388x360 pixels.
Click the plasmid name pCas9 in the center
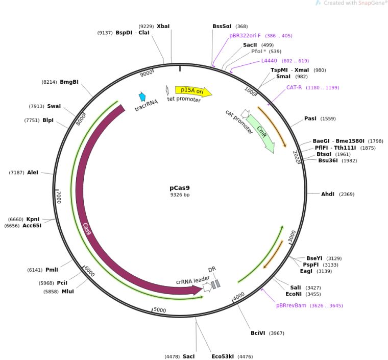point(179,187)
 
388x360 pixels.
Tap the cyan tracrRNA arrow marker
point(142,97)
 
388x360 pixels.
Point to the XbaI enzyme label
point(163,26)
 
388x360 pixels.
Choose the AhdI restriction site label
point(327,194)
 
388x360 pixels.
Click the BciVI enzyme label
point(260,333)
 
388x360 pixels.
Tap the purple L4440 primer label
point(269,61)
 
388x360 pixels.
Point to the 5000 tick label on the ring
point(160,310)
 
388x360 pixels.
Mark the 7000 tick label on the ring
point(59,197)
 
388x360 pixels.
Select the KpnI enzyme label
point(33,219)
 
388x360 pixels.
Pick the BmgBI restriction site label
point(69,82)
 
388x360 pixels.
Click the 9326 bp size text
point(179,195)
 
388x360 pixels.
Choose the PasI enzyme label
point(310,118)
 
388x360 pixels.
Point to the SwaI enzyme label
point(54,106)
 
